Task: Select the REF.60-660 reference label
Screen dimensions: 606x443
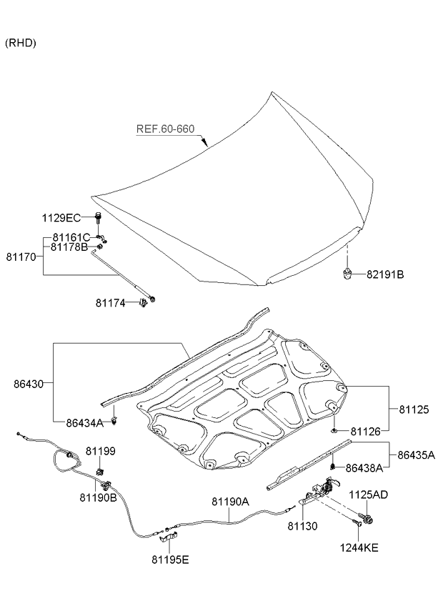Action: click(x=166, y=129)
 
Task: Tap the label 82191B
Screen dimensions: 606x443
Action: click(x=385, y=274)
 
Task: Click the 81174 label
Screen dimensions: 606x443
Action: click(x=111, y=303)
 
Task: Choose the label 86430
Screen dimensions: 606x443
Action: click(x=28, y=384)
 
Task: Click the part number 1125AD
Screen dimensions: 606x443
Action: click(x=368, y=495)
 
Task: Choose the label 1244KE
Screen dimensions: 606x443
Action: click(x=360, y=549)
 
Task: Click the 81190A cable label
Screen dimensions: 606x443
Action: click(x=229, y=502)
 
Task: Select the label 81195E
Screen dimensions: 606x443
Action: click(x=170, y=559)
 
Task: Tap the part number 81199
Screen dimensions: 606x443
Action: click(x=101, y=452)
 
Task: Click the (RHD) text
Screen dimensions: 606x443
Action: click(x=21, y=43)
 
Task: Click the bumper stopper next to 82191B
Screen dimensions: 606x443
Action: click(x=347, y=274)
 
